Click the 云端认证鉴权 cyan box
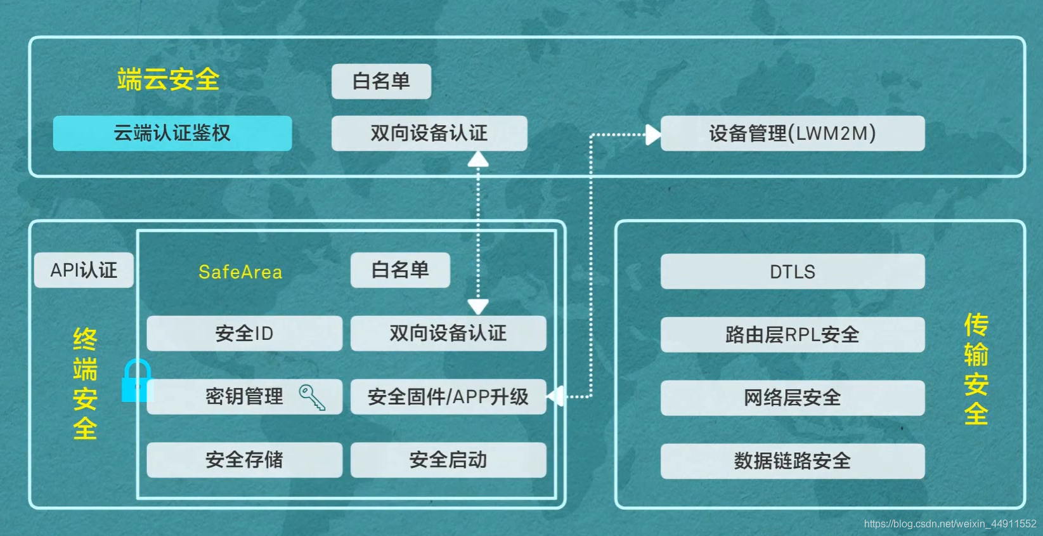[172, 133]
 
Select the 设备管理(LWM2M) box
[792, 133]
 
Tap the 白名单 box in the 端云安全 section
[381, 81]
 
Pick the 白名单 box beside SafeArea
[400, 270]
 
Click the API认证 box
[84, 270]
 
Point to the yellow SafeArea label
[240, 272]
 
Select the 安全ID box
[244, 333]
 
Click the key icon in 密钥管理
[312, 398]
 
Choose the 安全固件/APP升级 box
[448, 396]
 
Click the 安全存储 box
[244, 460]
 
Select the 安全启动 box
[448, 460]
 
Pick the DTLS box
[792, 271]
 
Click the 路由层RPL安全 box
[792, 334]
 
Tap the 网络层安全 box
[792, 398]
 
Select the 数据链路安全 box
[792, 461]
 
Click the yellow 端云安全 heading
[168, 80]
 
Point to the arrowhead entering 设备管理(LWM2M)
[652, 134]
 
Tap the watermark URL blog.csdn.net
[949, 524]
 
